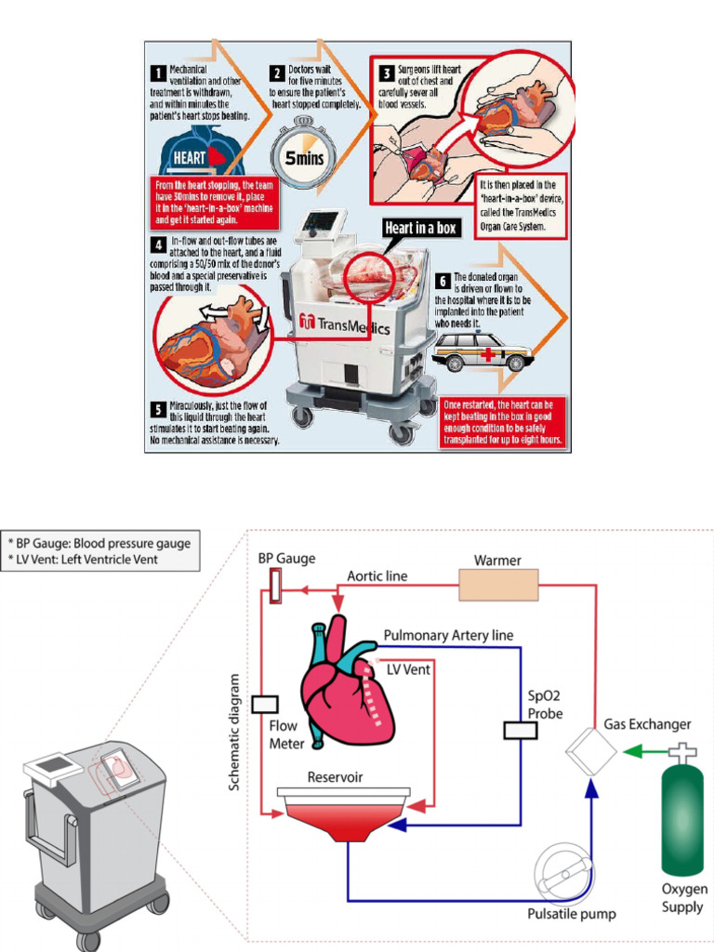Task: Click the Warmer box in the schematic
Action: click(497, 585)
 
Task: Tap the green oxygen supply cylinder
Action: click(681, 818)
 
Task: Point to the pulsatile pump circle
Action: click(564, 874)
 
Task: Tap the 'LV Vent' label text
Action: click(409, 669)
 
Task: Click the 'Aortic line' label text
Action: click(377, 576)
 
